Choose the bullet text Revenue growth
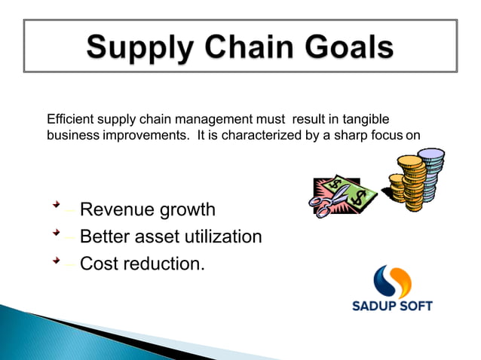(x=147, y=209)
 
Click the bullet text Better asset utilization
(x=170, y=236)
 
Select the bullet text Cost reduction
(x=142, y=264)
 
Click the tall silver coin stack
(x=430, y=173)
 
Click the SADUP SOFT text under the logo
(x=392, y=306)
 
